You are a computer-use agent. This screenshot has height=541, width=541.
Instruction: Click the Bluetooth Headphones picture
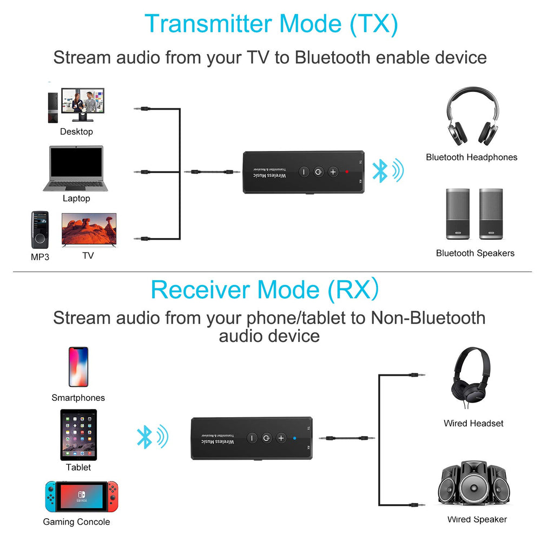coord(472,117)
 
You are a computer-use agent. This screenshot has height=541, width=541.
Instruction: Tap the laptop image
coord(76,168)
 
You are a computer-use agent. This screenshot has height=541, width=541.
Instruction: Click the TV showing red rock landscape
coord(89,229)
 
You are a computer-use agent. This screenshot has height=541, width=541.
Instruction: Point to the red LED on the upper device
coord(346,171)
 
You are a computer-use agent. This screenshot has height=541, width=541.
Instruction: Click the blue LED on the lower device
coord(294,438)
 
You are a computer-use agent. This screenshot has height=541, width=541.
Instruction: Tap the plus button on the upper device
coord(332,172)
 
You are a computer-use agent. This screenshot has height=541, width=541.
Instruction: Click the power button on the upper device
coord(318,172)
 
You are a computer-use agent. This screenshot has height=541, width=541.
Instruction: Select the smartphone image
coord(78,367)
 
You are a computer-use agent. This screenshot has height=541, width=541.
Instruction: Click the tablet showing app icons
coord(78,434)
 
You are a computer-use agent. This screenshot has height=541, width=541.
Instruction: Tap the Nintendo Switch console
coord(81,496)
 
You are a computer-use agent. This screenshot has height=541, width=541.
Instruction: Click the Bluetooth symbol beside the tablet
coord(144,437)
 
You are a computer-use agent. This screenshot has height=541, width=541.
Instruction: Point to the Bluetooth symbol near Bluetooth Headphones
coord(381,171)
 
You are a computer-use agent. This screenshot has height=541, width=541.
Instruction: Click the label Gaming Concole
coord(76,522)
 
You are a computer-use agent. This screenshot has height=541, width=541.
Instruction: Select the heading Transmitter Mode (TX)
coord(271,24)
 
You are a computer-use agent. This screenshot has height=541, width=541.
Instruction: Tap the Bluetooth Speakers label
coord(475,253)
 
